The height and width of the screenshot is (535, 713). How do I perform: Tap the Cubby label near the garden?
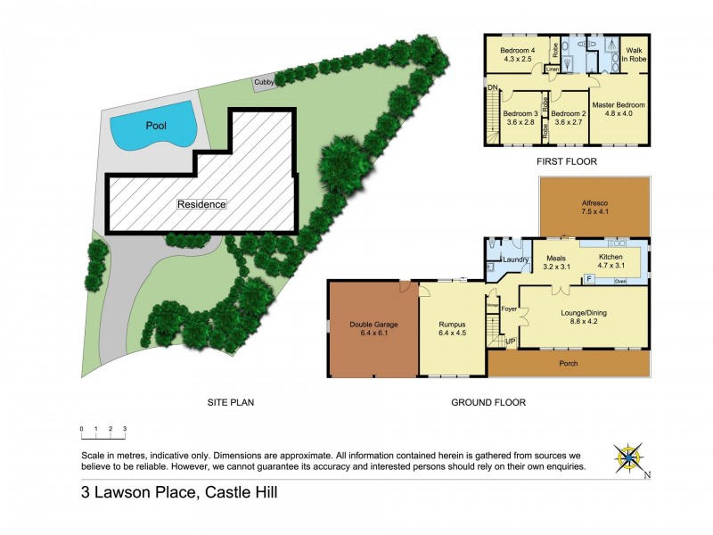(264, 82)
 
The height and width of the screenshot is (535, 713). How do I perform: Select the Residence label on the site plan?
(201, 204)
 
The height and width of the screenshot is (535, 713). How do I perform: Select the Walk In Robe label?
(635, 55)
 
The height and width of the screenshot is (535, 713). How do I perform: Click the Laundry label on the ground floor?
(516, 259)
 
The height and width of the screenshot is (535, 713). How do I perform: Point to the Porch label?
(568, 363)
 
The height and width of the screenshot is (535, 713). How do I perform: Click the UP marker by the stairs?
(510, 342)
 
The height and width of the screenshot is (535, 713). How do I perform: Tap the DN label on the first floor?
(492, 87)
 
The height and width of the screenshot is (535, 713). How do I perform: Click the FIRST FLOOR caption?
(566, 161)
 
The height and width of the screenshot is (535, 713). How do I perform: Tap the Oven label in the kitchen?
(619, 282)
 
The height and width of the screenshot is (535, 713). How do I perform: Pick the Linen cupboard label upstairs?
(553, 69)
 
